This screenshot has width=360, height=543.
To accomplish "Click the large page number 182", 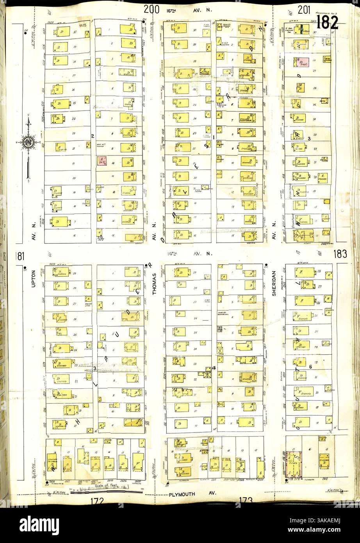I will (327, 23).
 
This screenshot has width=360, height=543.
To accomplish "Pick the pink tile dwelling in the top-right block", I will (303, 62).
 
